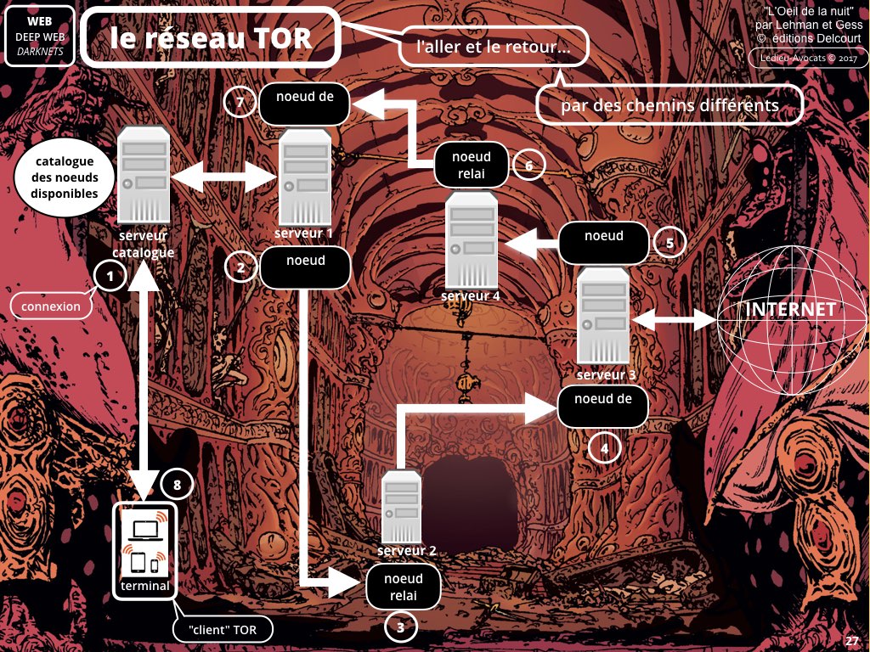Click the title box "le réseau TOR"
211,38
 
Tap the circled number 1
110,275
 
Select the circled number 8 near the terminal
177,486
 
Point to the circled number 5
669,244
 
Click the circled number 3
401,628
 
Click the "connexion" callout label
52,306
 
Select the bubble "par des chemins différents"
669,106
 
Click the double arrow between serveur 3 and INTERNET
674,320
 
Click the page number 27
852,641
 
